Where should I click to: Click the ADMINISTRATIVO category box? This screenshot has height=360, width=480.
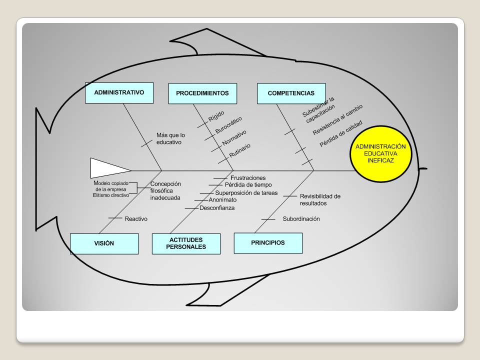(119, 93)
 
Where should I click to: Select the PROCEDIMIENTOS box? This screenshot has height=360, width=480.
(202, 93)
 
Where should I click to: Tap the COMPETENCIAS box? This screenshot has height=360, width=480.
(291, 93)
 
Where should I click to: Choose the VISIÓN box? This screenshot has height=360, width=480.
(104, 243)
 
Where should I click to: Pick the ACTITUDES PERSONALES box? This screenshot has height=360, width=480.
(186, 243)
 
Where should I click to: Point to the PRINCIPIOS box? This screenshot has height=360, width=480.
(268, 243)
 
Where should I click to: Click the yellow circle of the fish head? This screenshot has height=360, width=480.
(380, 153)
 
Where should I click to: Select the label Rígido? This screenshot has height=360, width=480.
(216, 116)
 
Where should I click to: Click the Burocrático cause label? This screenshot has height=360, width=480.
(228, 125)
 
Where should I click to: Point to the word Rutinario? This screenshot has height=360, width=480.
(240, 149)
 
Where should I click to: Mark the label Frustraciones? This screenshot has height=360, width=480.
(248, 178)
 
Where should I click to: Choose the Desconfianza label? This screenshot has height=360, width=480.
(217, 208)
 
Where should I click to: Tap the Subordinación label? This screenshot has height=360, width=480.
(301, 219)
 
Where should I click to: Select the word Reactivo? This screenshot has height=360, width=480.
(136, 219)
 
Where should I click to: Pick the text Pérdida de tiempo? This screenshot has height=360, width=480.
(248, 185)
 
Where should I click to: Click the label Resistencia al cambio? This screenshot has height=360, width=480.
(337, 120)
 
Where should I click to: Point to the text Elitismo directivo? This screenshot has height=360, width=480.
(111, 195)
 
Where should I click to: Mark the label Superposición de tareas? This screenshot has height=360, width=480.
(246, 193)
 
